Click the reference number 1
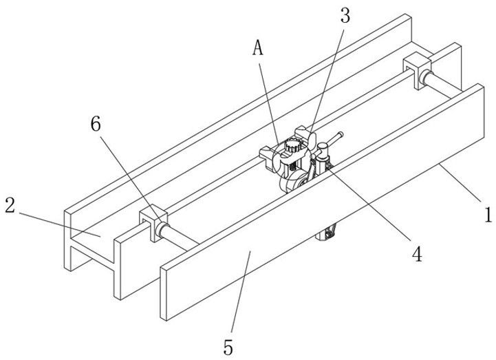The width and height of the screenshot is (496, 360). point(487,215)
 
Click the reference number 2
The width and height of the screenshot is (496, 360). point(10,204)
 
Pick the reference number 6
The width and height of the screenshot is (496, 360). point(95,124)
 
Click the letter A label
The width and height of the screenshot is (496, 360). point(259,47)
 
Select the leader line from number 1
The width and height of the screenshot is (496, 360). point(461,186)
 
